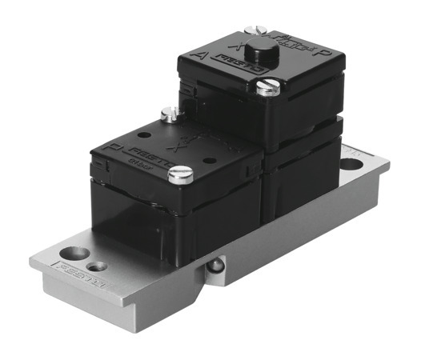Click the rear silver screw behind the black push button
point(255,31)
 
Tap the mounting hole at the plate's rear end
point(350,165)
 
